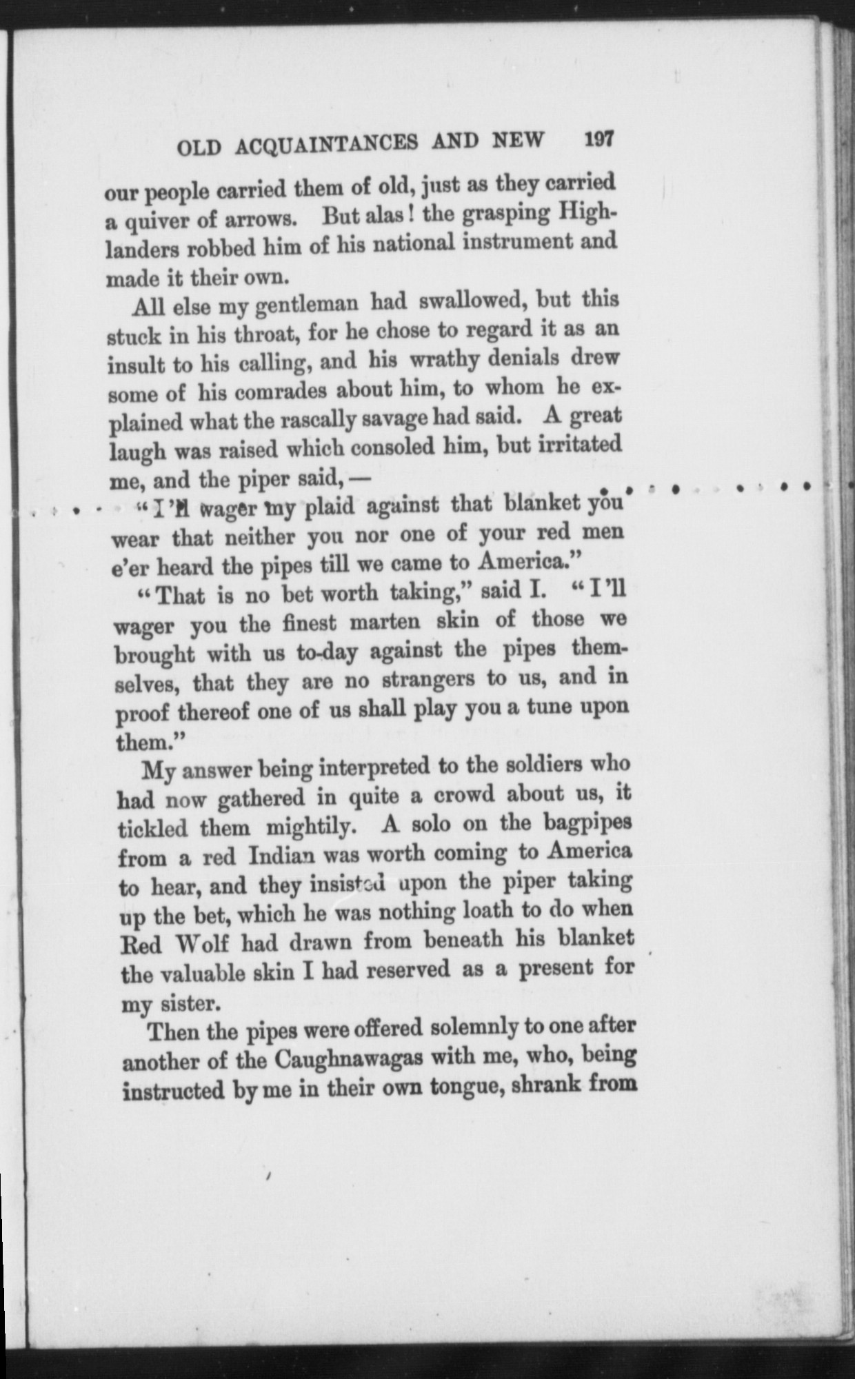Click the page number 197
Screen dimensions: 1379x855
point(598,139)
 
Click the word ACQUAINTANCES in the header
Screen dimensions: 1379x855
point(327,143)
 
